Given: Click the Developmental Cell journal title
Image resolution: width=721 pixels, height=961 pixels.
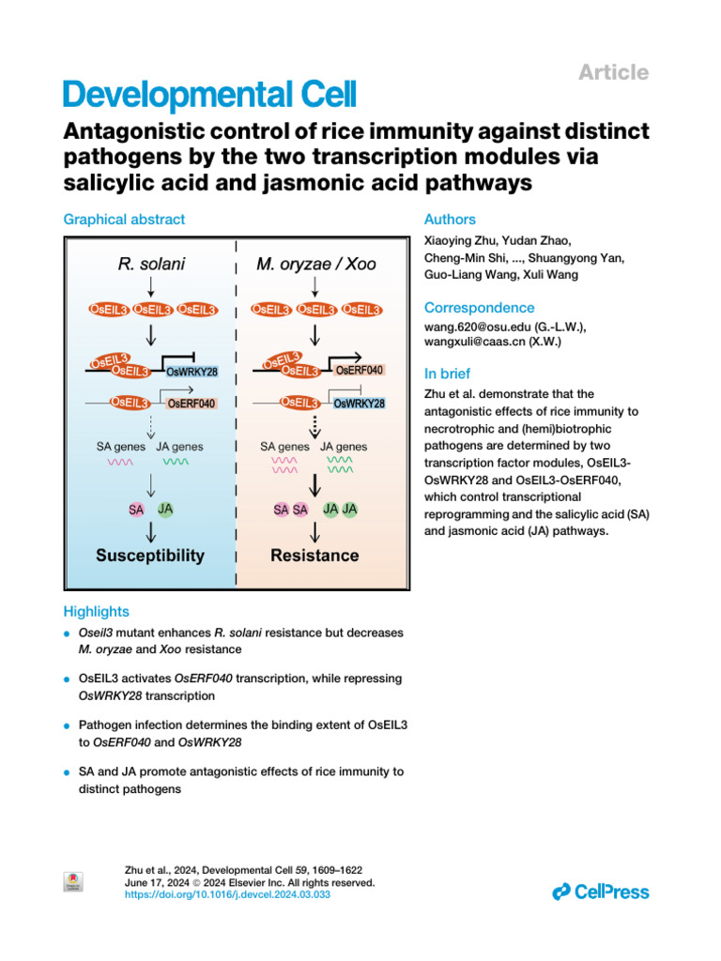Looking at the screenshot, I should coord(208,95).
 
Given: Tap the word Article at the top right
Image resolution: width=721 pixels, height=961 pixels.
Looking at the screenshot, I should coord(613,72).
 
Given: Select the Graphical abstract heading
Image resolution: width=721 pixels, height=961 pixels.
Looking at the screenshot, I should coord(124,220).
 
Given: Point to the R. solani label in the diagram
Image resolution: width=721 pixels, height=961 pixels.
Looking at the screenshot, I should coord(151,265).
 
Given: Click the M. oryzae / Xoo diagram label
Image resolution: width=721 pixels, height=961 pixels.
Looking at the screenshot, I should coord(316,265).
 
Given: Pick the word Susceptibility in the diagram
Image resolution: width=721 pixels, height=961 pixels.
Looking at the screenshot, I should coord(150,556).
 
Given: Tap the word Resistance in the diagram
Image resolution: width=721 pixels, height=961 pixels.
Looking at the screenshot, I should coord(314,556).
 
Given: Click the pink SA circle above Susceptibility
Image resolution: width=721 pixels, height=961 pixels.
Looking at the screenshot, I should coord(136,510).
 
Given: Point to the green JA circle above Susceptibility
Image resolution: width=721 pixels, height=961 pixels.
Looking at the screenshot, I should coord(165,509).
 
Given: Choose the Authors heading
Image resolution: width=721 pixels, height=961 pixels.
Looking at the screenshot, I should coord(450,220).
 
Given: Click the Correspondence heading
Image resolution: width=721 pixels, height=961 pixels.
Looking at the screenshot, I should coord(479,308).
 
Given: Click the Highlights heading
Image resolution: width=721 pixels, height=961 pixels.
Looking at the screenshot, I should coord(96,611).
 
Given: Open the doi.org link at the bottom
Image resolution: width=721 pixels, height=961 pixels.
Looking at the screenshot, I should coord(228,895).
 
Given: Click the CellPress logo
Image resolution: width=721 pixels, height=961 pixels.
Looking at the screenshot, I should coord(601,891).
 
